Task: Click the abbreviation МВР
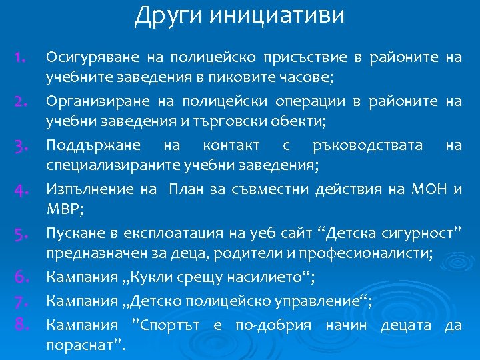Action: [63, 209]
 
